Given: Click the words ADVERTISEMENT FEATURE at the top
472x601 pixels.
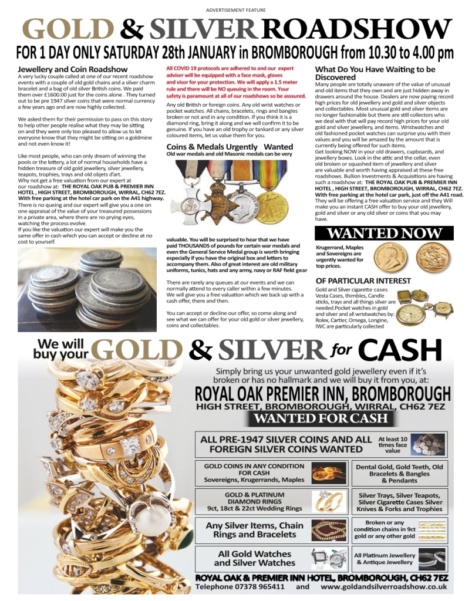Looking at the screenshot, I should click(236, 10).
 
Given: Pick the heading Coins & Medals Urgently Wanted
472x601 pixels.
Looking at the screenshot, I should click(230, 147).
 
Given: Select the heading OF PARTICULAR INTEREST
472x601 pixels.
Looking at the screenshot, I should click(363, 281).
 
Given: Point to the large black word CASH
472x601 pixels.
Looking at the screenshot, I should click(400, 350).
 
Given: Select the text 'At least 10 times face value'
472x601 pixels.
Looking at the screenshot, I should click(392, 444).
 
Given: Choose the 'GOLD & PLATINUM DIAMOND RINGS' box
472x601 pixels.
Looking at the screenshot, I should click(254, 501).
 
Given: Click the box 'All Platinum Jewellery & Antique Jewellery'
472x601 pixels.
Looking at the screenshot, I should click(385, 558).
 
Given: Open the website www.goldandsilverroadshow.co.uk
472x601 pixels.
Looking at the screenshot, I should click(384, 586).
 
